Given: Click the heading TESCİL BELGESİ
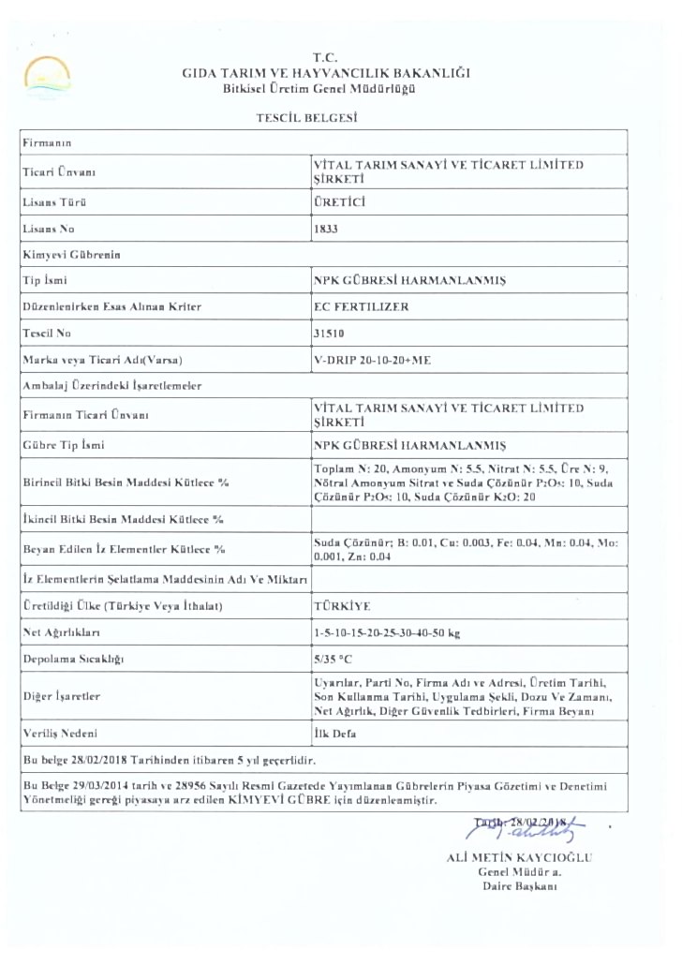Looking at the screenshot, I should click(308, 118).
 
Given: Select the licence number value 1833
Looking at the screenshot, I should click(326, 227).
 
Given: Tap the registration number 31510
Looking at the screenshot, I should click(329, 333).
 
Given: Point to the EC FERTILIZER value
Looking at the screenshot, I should click(362, 306).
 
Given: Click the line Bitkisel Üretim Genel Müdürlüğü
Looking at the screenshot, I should click(319, 89).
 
